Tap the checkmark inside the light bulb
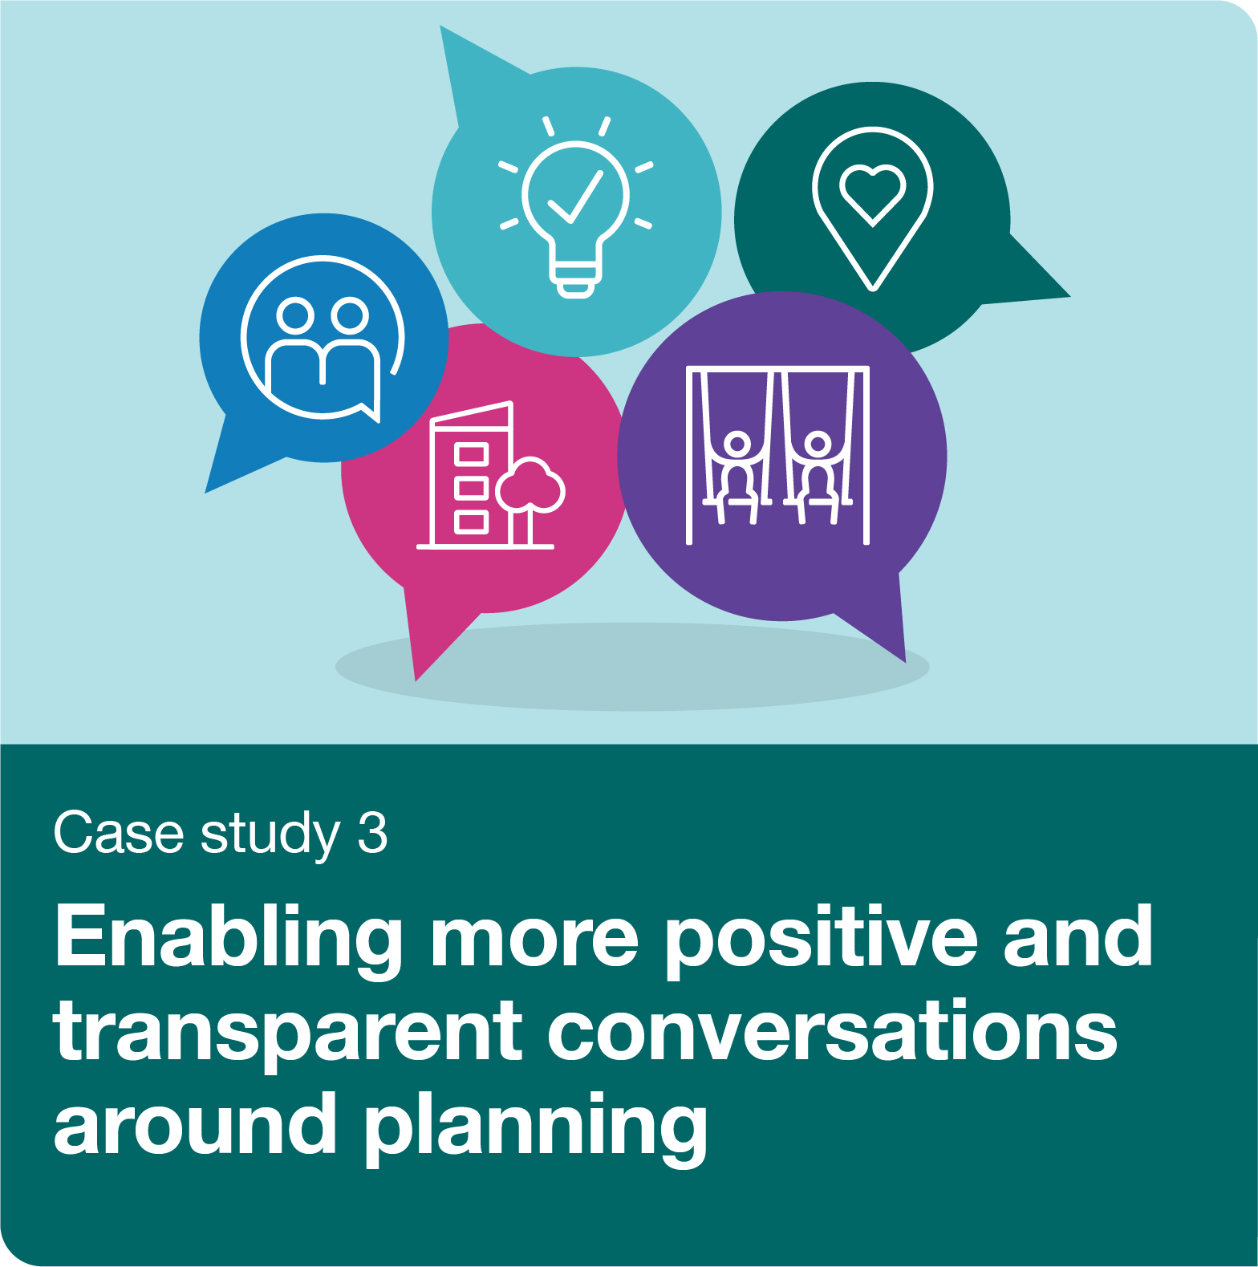tap(575, 196)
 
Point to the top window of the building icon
tap(471, 454)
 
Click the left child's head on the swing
tap(737, 443)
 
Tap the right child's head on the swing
tap(818, 443)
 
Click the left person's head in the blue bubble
tap(295, 315)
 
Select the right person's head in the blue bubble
tap(349, 315)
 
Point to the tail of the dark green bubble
tap(1051, 289)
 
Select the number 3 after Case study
tap(373, 833)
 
